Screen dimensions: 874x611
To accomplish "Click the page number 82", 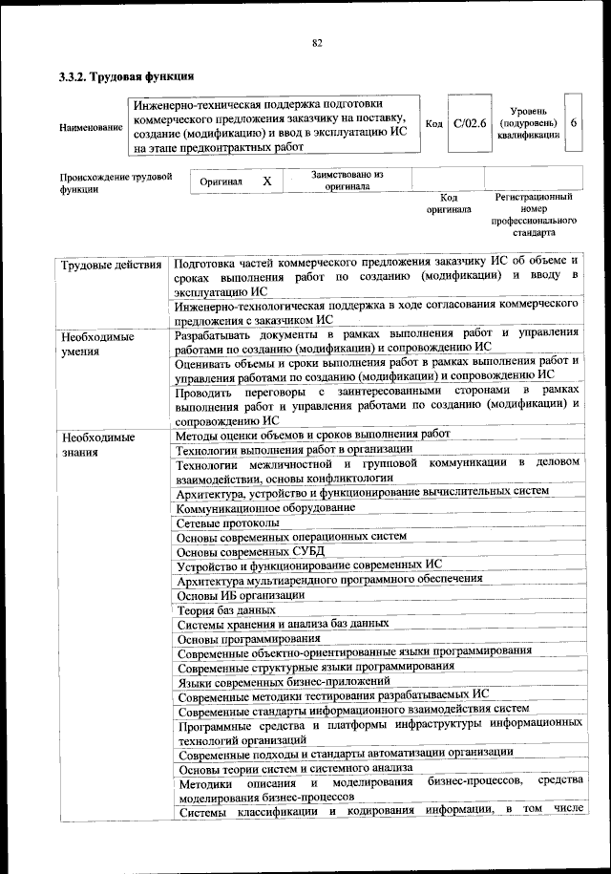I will point(317,41).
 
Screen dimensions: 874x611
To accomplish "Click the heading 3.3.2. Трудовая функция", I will point(127,76).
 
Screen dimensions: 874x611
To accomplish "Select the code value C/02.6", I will point(470,123).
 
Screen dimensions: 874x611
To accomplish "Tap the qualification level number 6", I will point(572,123).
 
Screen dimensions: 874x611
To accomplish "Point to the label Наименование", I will point(91,127).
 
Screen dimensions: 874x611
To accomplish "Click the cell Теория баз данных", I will point(226,609).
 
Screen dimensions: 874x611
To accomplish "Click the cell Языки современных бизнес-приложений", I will point(284,682).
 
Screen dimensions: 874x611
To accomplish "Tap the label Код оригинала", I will point(449,203).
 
